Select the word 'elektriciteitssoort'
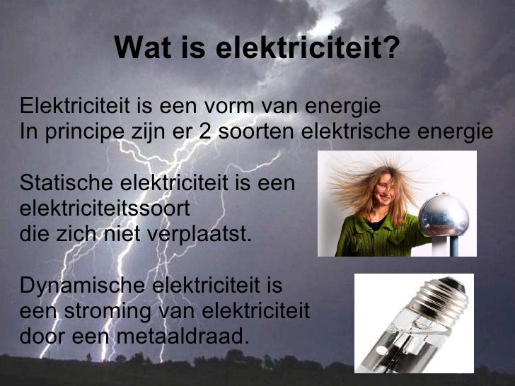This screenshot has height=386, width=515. [105, 209]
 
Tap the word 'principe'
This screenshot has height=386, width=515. [76, 132]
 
